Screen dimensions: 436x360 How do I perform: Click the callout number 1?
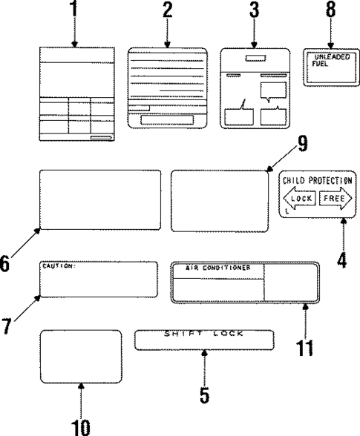pyautogui.click(x=73, y=10)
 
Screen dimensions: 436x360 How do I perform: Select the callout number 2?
pyautogui.click(x=168, y=10)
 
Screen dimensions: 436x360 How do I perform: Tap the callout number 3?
pyautogui.click(x=255, y=10)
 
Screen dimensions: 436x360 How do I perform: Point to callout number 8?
pyautogui.click(x=330, y=10)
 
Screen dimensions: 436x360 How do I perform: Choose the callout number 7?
pyautogui.click(x=8, y=326)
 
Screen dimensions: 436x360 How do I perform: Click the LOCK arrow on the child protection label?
pyautogui.click(x=299, y=199)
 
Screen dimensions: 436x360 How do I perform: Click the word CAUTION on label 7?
pyautogui.click(x=59, y=265)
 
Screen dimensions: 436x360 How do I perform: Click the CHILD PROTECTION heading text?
pyautogui.click(x=317, y=180)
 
